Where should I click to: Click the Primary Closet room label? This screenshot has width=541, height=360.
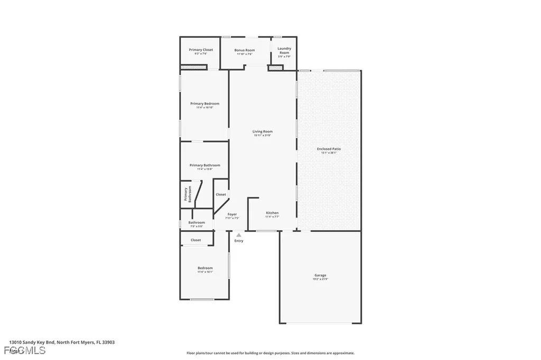(200, 50)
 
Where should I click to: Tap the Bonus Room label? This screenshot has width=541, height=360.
(245, 50)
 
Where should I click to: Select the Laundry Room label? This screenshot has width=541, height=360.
(284, 51)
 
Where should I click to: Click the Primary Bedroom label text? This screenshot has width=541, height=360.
(204, 103)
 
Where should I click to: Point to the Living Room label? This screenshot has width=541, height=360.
(262, 131)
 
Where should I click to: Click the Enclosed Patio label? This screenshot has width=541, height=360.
(329, 149)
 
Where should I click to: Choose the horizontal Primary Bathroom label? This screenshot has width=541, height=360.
(204, 165)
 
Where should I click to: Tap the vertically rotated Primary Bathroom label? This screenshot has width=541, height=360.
(188, 194)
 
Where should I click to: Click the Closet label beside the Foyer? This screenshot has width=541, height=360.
(221, 194)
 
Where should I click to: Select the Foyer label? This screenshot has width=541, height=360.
(232, 214)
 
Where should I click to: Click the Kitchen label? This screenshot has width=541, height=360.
(272, 213)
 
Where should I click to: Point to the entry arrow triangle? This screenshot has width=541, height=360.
(239, 235)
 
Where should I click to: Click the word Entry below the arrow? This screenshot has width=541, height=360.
(239, 241)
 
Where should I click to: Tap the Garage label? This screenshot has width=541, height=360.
(320, 275)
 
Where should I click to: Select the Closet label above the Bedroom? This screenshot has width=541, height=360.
(195, 240)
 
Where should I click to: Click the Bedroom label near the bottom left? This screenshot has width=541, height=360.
(205, 268)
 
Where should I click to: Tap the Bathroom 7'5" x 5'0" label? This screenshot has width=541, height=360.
(197, 222)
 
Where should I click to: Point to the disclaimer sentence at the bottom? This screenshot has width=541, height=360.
(270, 353)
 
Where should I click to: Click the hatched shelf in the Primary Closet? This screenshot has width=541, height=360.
(193, 67)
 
